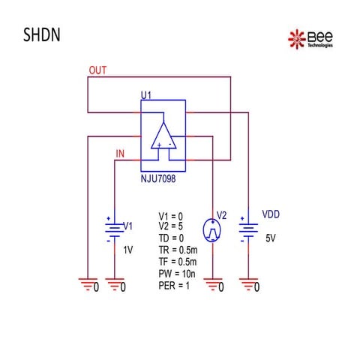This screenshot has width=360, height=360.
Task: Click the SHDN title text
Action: [42, 34]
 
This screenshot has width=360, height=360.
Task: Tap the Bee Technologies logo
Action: [310, 39]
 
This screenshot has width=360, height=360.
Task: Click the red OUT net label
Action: [97, 70]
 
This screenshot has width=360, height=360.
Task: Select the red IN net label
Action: [120, 154]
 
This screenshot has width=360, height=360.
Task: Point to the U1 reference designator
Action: [146, 95]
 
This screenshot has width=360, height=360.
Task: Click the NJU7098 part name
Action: [158, 178]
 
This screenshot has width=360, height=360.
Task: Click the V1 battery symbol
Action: [115, 229]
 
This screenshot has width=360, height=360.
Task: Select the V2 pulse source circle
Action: [212, 230]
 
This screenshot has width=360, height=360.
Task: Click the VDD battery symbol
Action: [248, 229]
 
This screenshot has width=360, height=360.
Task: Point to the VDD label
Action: [271, 214]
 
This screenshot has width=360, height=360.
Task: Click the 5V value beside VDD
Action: [271, 238]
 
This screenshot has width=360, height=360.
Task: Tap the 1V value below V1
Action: [128, 250]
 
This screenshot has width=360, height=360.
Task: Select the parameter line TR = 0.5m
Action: [178, 250]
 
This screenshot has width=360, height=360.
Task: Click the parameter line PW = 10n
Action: [177, 274]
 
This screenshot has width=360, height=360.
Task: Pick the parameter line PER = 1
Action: [174, 286]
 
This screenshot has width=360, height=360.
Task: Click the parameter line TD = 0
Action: [171, 238]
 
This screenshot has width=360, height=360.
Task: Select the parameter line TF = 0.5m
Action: [178, 262]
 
